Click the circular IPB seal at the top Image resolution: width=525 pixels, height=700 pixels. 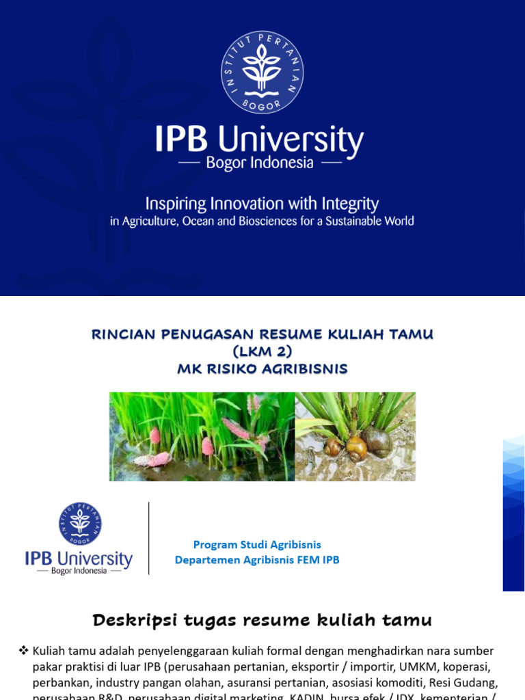coord(262,72)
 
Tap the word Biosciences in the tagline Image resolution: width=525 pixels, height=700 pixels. coord(269,221)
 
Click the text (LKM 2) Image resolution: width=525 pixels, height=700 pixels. coord(262,351)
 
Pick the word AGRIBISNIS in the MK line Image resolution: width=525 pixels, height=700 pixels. coord(307,369)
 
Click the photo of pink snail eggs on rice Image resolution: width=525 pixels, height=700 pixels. coord(202,436)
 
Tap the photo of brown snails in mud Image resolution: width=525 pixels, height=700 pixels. coord(355,436)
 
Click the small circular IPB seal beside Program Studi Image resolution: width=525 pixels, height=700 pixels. coord(80,524)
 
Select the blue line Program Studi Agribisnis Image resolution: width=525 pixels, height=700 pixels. coord(257,545)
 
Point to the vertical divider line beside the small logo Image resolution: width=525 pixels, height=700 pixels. coord(149,539)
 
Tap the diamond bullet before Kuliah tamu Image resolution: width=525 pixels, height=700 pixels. coord(23,651)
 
